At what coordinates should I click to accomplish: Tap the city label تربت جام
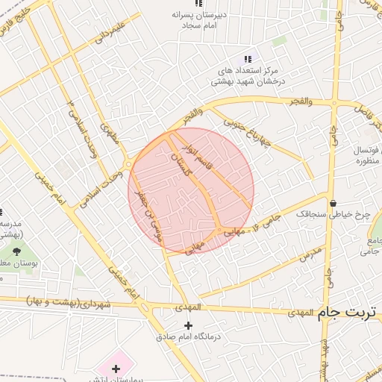pos(348,312)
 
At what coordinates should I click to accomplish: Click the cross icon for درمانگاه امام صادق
pos(188,325)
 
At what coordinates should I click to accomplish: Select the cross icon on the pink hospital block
pos(116,368)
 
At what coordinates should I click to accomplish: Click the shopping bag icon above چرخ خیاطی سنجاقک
pos(332,203)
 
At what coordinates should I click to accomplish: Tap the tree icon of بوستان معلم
pos(17,251)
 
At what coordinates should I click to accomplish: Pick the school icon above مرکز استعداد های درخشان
pos(248,59)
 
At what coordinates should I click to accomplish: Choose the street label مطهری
pos(110,132)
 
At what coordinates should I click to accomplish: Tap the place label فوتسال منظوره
pos(361,155)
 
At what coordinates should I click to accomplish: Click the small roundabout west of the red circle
pos(128,164)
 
